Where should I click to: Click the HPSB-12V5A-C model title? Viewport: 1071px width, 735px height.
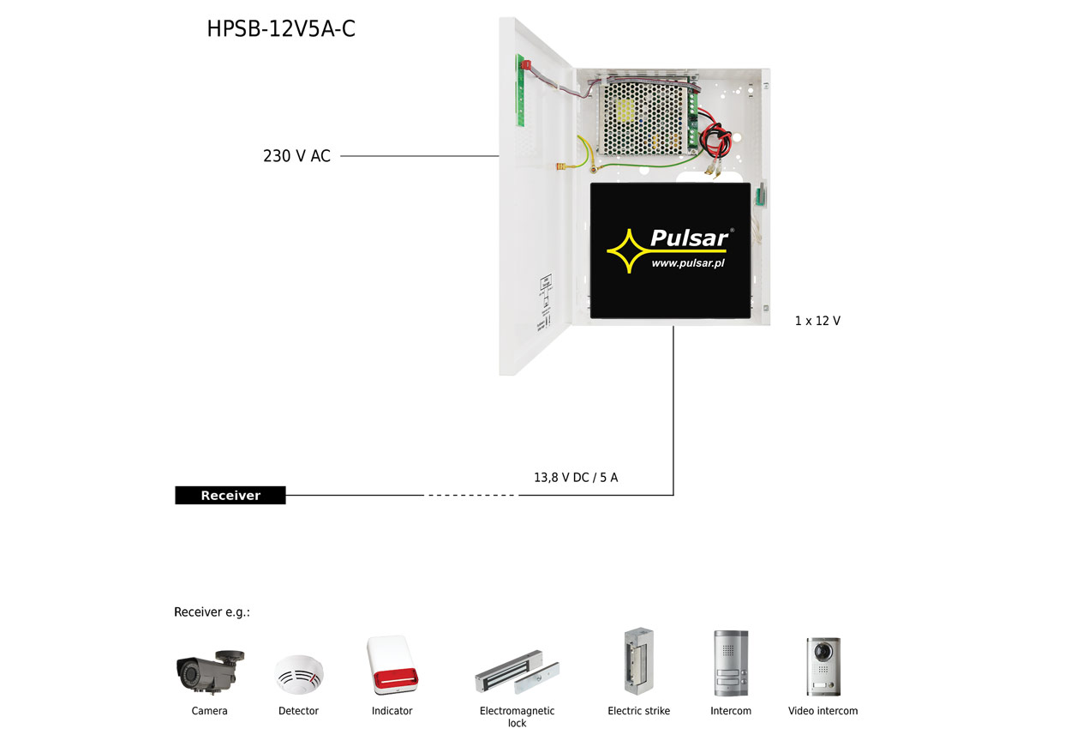click(281, 29)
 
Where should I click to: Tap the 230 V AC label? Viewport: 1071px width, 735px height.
click(296, 156)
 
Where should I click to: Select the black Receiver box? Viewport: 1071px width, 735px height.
click(230, 495)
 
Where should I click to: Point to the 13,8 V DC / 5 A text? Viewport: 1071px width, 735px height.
click(576, 477)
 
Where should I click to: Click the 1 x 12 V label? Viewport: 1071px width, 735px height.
click(817, 321)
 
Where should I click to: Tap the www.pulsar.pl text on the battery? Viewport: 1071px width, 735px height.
click(688, 264)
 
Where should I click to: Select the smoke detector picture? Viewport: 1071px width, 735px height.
click(298, 673)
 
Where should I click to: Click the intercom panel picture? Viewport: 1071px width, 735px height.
click(730, 664)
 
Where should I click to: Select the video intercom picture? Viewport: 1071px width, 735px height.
click(823, 666)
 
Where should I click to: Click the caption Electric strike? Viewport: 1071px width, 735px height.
click(638, 711)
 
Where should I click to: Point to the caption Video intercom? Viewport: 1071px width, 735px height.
click(823, 711)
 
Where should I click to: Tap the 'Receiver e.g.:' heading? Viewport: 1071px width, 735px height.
click(212, 611)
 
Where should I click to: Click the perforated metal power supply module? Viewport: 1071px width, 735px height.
click(647, 117)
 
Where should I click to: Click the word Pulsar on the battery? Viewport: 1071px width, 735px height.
click(689, 238)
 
